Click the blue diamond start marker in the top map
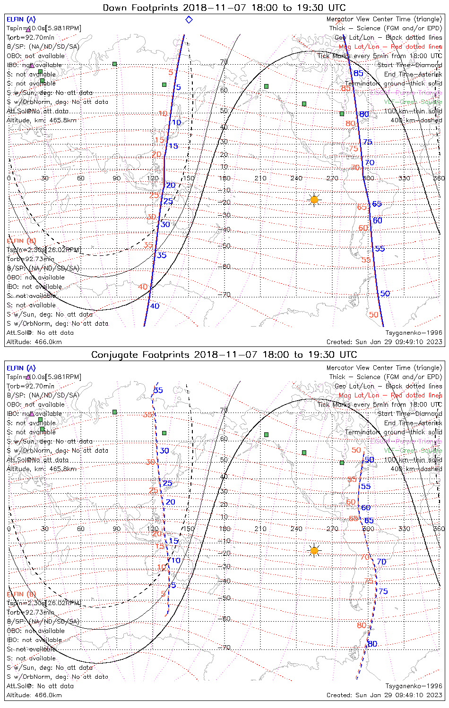(189, 20)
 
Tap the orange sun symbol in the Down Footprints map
(314, 200)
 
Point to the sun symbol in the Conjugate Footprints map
(314, 550)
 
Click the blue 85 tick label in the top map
(359, 73)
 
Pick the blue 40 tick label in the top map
(155, 306)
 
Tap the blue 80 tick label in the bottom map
(372, 644)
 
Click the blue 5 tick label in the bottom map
(173, 585)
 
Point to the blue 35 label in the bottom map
(158, 390)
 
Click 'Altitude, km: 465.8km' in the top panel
(42, 120)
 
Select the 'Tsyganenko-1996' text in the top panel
(414, 332)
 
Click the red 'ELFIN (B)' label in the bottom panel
(21, 594)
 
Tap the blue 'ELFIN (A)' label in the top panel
(21, 19)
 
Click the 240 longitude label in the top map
(296, 178)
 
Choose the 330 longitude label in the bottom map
(404, 529)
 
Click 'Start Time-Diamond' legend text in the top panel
(410, 65)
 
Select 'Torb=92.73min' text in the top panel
(30, 259)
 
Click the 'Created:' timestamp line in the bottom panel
(384, 695)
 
